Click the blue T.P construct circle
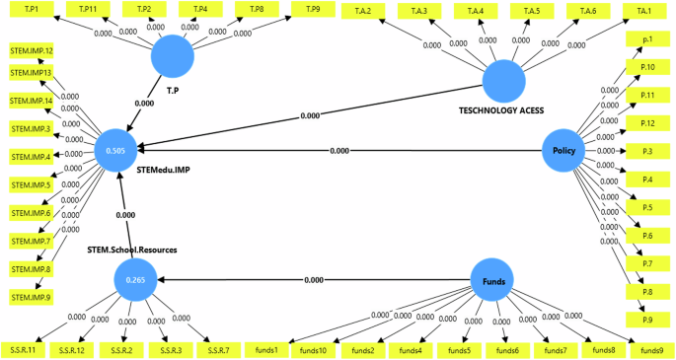[x=172, y=58]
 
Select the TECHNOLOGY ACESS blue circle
[x=502, y=79]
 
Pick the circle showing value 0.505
[x=114, y=151]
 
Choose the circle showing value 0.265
[x=135, y=280]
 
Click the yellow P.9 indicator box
[x=647, y=320]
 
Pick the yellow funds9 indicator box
[x=652, y=350]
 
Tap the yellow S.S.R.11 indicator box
[x=24, y=350]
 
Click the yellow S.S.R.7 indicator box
[x=218, y=350]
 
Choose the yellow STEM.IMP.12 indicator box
[x=31, y=49]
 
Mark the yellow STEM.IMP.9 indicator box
[x=31, y=296]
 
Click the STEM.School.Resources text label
[x=131, y=250]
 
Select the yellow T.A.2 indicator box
[x=363, y=11]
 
